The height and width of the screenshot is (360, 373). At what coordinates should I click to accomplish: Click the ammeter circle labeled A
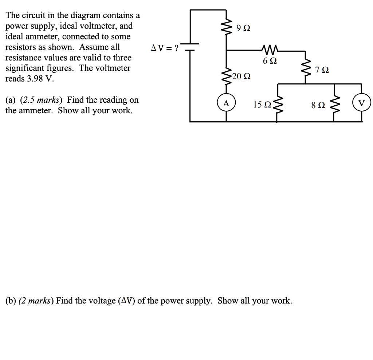point(226,103)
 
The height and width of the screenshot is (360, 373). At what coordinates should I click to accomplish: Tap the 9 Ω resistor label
point(243,28)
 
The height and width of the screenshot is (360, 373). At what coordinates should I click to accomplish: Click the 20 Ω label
point(241,77)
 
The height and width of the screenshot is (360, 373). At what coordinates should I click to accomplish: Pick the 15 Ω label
point(262,105)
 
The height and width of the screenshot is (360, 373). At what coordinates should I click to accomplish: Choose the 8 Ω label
point(316,106)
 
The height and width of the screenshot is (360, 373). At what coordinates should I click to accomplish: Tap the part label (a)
point(11,100)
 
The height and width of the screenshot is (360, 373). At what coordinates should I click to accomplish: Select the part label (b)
point(11,301)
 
